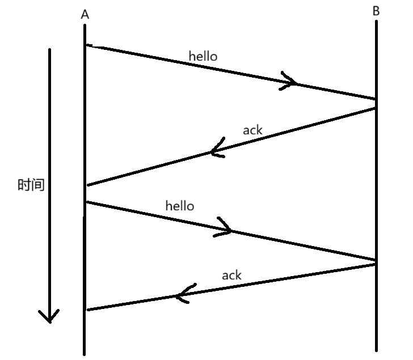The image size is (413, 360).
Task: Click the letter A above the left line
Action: [85, 15]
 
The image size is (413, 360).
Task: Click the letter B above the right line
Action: [376, 11]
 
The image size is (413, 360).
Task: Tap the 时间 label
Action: [31, 185]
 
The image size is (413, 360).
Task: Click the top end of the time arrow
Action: [49, 50]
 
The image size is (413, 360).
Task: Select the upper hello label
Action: [203, 56]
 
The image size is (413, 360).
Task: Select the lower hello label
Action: [179, 205]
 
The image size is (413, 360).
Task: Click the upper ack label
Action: [252, 130]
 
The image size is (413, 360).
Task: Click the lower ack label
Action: [231, 275]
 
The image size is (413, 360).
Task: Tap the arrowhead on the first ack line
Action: [216, 151]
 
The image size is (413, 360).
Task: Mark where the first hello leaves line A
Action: [86, 45]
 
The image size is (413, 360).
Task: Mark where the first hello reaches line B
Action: [375, 99]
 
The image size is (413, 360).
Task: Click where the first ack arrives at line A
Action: [86, 185]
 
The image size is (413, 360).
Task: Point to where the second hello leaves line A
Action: [86, 201]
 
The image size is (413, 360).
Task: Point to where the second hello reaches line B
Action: [375, 260]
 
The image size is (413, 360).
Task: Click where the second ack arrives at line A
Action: [86, 310]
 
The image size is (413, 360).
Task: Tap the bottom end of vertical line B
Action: [376, 350]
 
